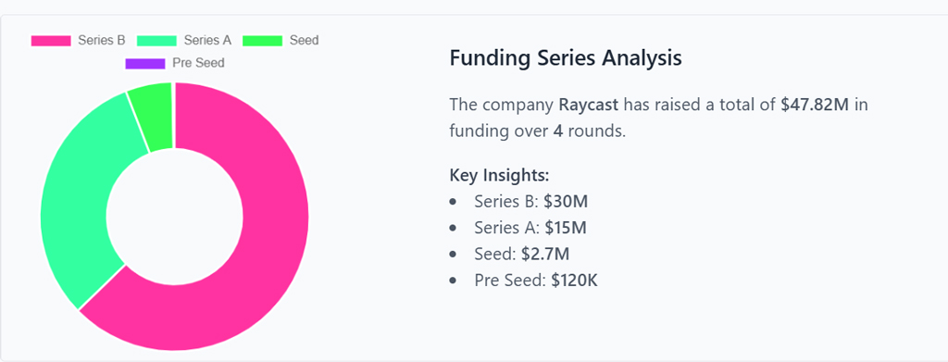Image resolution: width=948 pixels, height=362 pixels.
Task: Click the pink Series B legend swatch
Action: pos(51,41)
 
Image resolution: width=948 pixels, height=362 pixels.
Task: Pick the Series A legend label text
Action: pos(207,41)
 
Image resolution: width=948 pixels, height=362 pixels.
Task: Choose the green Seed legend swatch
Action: pos(262,41)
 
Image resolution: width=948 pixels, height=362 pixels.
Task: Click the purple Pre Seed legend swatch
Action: pos(144,63)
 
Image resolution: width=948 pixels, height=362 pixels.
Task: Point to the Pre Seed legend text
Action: pos(197,63)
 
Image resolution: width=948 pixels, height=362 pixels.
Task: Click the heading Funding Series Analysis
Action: pos(565,58)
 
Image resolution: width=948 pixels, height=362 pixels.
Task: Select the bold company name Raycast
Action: pos(588,105)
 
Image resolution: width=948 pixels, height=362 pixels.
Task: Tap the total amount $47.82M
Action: pos(815,105)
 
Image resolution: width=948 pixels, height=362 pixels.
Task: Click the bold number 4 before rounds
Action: pos(558,131)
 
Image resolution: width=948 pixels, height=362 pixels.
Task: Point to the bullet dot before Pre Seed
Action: pos(453,280)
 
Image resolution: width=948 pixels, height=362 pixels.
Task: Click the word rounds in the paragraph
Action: pos(596,131)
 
